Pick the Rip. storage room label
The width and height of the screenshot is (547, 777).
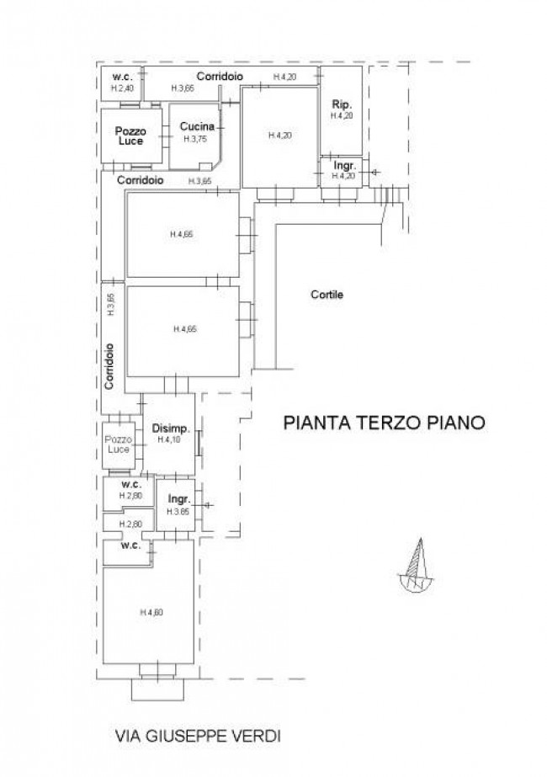(341, 104)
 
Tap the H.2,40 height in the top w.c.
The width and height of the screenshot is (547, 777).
(123, 88)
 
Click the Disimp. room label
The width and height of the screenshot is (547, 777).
(171, 428)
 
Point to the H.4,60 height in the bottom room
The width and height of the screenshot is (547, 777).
(151, 612)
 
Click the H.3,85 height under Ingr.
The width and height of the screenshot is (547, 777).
(178, 512)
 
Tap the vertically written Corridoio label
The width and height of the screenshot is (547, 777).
(110, 364)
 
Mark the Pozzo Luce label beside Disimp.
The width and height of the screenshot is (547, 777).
(119, 444)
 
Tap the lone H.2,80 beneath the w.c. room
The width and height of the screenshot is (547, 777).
(130, 524)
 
